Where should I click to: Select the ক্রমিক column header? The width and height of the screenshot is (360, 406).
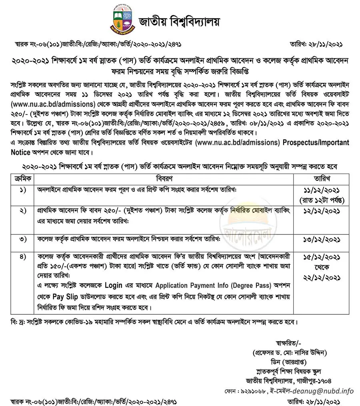tap(22, 178)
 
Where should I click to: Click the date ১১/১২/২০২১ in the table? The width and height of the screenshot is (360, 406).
tap(322, 190)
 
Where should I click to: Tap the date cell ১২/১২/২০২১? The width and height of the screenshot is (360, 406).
tap(322, 210)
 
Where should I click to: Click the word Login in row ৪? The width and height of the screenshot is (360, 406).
tap(113, 286)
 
